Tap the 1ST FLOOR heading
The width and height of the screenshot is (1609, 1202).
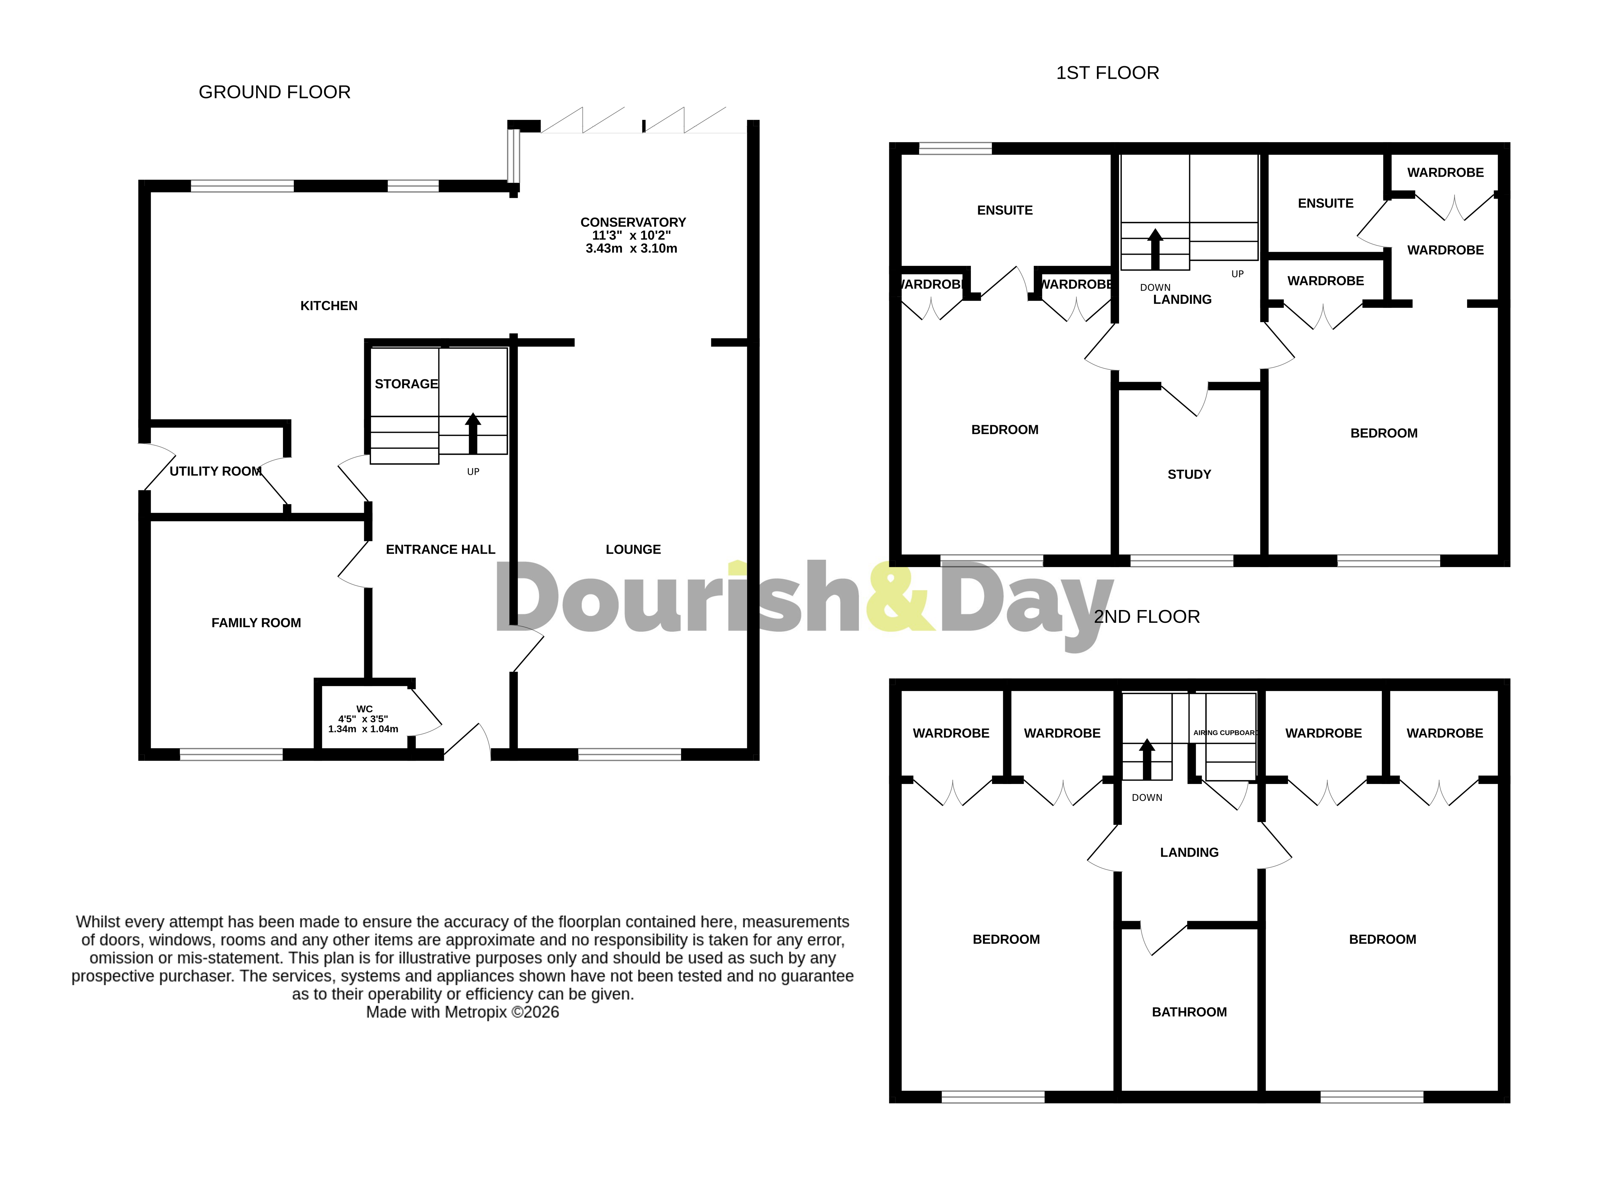tap(1107, 73)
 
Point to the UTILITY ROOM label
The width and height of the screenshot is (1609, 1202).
tap(215, 471)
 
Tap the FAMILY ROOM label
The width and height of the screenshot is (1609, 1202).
tap(256, 622)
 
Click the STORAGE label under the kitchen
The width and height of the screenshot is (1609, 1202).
tap(406, 384)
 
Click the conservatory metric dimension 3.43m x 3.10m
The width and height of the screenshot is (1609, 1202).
tap(631, 249)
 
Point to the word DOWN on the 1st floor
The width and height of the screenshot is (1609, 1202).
tap(1155, 287)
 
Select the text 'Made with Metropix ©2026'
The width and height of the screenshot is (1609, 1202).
tap(463, 1012)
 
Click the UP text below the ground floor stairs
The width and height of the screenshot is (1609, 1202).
tap(473, 472)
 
